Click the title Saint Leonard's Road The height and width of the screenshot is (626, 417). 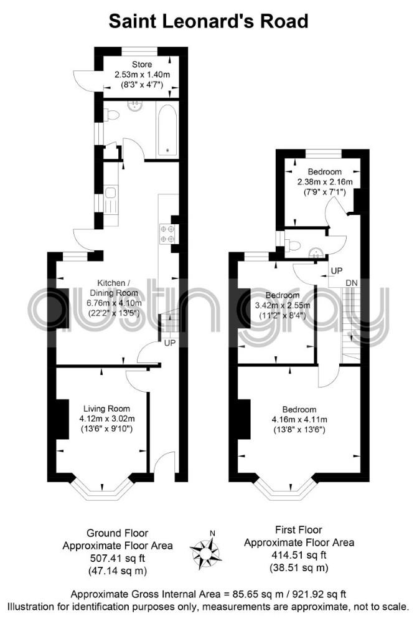(x=208, y=21)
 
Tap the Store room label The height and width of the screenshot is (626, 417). (x=142, y=64)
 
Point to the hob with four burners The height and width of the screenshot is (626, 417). (x=167, y=234)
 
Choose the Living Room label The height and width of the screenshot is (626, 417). (x=106, y=409)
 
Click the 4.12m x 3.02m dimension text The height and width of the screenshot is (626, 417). (x=107, y=419)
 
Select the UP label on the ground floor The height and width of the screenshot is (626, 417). (x=170, y=343)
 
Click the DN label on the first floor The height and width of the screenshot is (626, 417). (x=352, y=283)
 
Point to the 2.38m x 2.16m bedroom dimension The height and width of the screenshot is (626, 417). (x=325, y=182)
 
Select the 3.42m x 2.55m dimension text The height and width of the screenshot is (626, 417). (x=283, y=306)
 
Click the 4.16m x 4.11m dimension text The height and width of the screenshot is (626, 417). (x=299, y=420)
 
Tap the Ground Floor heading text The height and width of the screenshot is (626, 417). (x=117, y=533)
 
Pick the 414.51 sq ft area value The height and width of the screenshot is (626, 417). (x=299, y=554)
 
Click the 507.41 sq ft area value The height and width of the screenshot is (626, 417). (x=117, y=557)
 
